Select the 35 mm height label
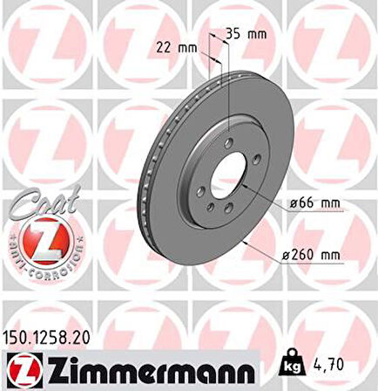(x=246, y=36)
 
